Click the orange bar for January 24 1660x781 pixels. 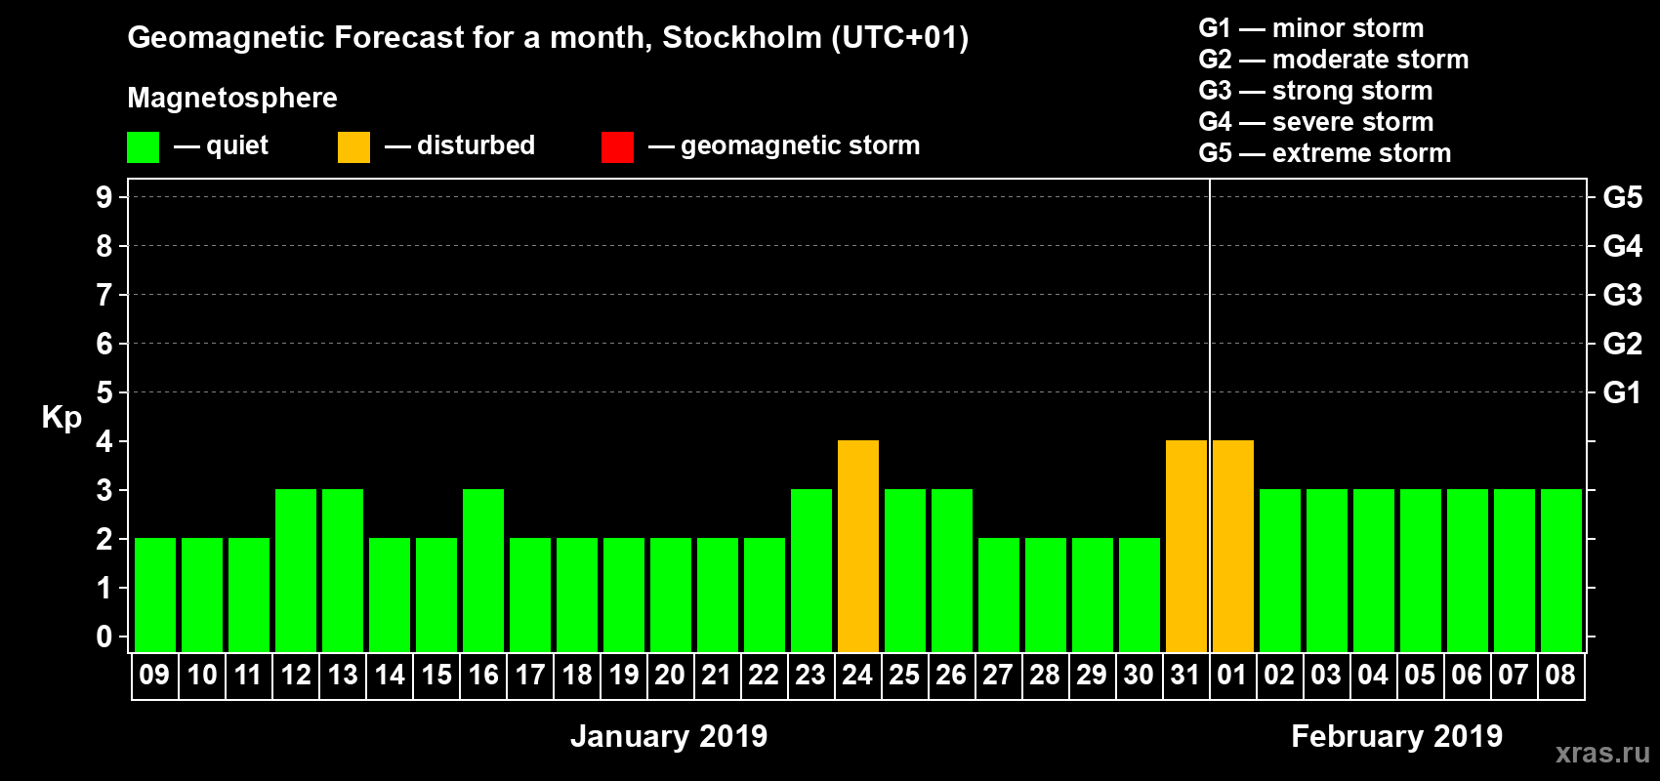pos(858,547)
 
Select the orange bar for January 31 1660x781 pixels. pos(1186,547)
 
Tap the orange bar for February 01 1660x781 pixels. pos(1233,547)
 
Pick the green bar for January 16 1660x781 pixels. pos(483,571)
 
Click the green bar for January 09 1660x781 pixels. pos(155,596)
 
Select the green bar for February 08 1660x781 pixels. pos(1561,571)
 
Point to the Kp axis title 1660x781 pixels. pos(62,418)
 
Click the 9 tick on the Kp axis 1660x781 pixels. pos(104,197)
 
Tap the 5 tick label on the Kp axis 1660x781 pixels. pos(104,392)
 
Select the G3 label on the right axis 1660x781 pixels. pos(1622,295)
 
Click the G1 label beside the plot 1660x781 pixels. pos(1622,392)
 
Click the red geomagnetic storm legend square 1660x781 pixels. pos(617,147)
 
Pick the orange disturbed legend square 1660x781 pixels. pos(353,147)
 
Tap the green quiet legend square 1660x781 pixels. pos(143,147)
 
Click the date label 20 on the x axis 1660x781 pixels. pos(670,675)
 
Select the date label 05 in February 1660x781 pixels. pos(1420,675)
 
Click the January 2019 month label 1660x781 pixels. pos(669,736)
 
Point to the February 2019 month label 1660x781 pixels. pos(1396,736)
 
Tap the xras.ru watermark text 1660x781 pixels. pos(1602,753)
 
